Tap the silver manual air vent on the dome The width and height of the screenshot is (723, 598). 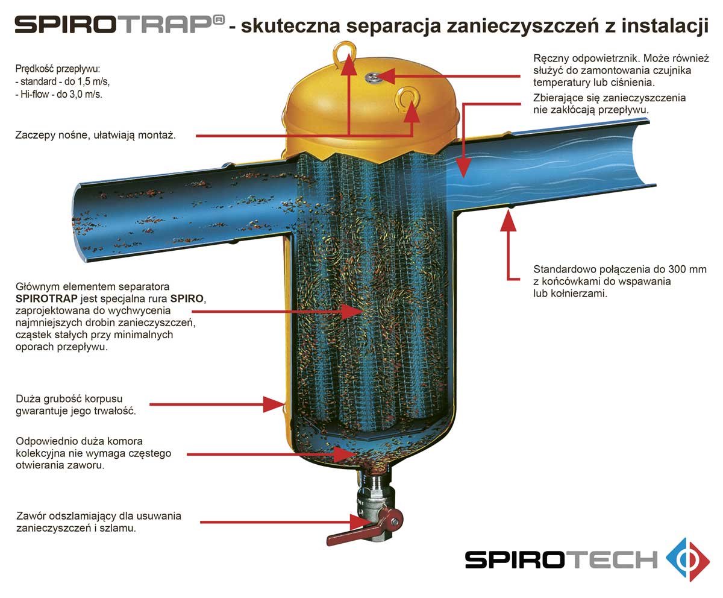(x=374, y=77)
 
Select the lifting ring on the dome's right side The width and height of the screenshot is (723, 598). (x=408, y=98)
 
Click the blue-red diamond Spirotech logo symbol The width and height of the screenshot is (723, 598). (x=688, y=560)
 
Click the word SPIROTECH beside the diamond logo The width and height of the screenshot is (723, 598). (x=562, y=560)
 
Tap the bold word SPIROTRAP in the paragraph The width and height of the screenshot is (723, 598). (x=46, y=298)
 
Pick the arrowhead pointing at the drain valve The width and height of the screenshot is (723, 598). (x=361, y=522)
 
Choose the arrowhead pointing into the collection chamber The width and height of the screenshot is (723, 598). (x=345, y=454)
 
